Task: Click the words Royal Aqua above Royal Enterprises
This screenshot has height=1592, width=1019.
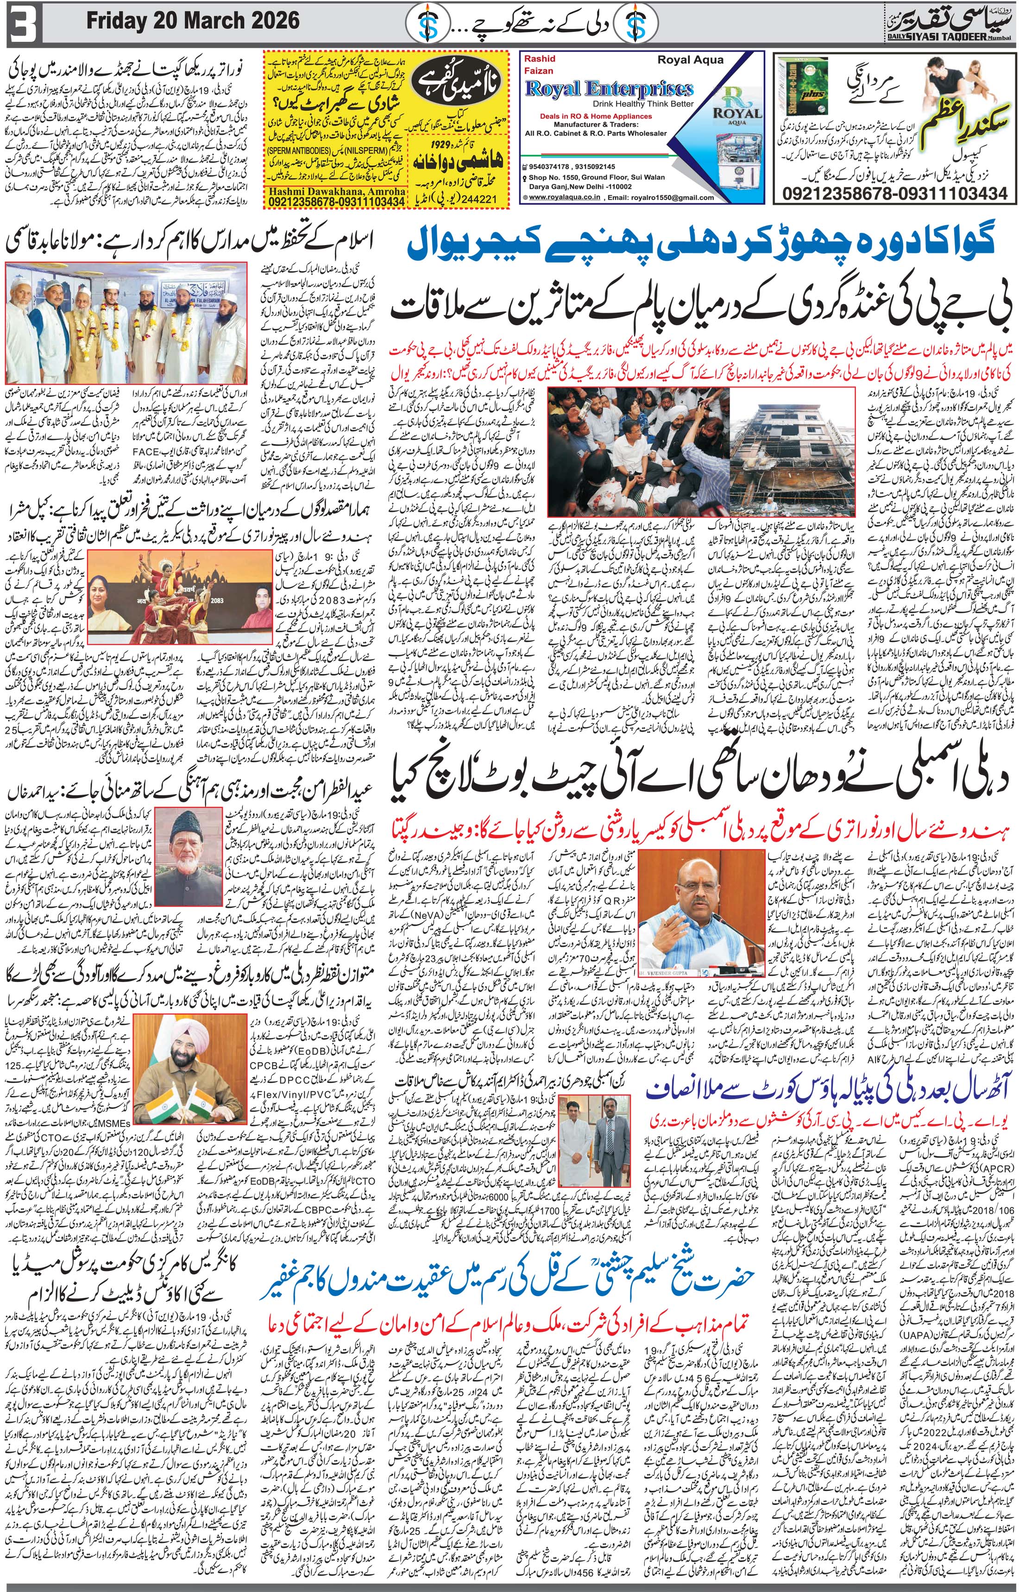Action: pyautogui.click(x=690, y=59)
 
